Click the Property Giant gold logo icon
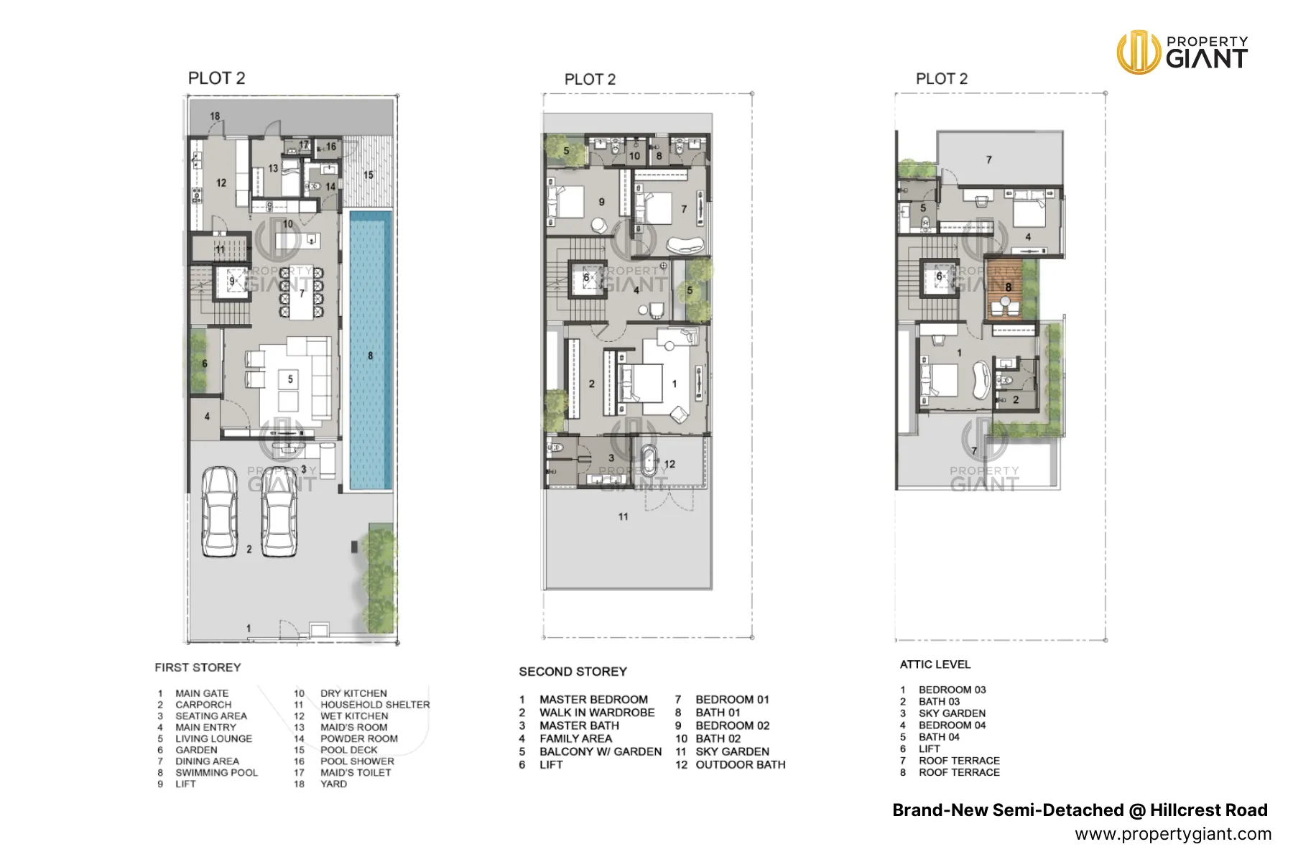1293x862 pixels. pyautogui.click(x=1138, y=52)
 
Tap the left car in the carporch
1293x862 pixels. pyautogui.click(x=219, y=511)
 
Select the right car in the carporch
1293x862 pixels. pyautogui.click(x=279, y=511)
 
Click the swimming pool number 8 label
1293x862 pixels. pyautogui.click(x=371, y=356)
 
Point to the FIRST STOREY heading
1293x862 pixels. pyautogui.click(x=198, y=667)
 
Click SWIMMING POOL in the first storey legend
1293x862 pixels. pyautogui.click(x=216, y=773)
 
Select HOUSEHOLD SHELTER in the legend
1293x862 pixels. pyautogui.click(x=375, y=705)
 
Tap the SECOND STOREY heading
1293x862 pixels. pyautogui.click(x=573, y=672)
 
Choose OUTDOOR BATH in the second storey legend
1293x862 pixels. pyautogui.click(x=740, y=765)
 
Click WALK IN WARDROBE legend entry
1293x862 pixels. pyautogui.click(x=597, y=713)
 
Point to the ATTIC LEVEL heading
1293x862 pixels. pyautogui.click(x=935, y=664)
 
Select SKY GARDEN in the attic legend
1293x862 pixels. pyautogui.click(x=952, y=713)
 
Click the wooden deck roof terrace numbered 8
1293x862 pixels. pyautogui.click(x=1004, y=289)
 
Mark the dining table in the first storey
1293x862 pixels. pyautogui.click(x=302, y=293)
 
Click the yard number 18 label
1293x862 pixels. pyautogui.click(x=215, y=116)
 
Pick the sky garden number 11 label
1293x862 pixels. pyautogui.click(x=623, y=516)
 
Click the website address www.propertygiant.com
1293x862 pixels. pyautogui.click(x=1173, y=834)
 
